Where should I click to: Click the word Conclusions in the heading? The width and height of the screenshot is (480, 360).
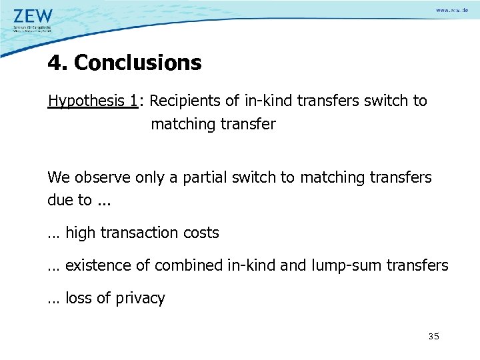tap(137, 63)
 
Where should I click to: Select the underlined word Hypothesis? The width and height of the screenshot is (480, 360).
tap(86, 101)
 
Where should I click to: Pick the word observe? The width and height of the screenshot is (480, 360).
tap(103, 178)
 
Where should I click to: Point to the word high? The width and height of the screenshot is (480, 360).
tap(81, 233)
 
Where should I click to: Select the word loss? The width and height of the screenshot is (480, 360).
tap(79, 298)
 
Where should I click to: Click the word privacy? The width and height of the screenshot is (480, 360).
tap(140, 299)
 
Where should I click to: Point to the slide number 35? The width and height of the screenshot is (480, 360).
tap(433, 337)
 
